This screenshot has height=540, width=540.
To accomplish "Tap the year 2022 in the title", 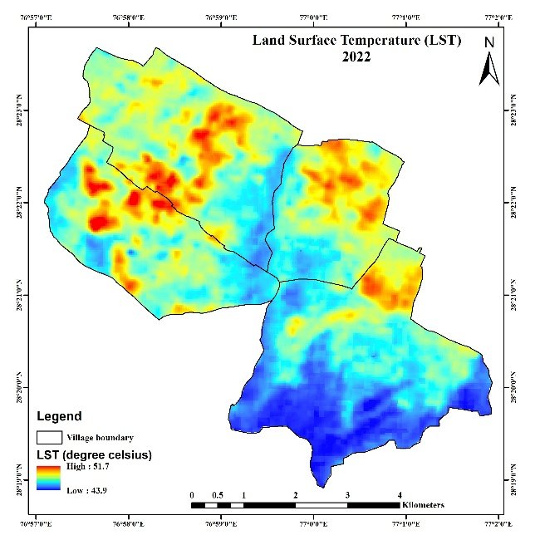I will pyautogui.click(x=356, y=56).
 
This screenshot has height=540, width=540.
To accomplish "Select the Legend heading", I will pyautogui.click(x=58, y=415).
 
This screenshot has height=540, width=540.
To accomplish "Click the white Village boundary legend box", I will pyautogui.click(x=50, y=436).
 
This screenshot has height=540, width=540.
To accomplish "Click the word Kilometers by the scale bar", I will pyautogui.click(x=423, y=505).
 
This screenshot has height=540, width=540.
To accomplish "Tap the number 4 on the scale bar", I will pyautogui.click(x=400, y=495).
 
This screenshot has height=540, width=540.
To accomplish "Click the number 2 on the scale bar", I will pyautogui.click(x=295, y=495).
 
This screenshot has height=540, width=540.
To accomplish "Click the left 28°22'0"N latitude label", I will pyautogui.click(x=23, y=203).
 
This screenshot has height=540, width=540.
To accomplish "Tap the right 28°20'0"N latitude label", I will pyautogui.click(x=516, y=387).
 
